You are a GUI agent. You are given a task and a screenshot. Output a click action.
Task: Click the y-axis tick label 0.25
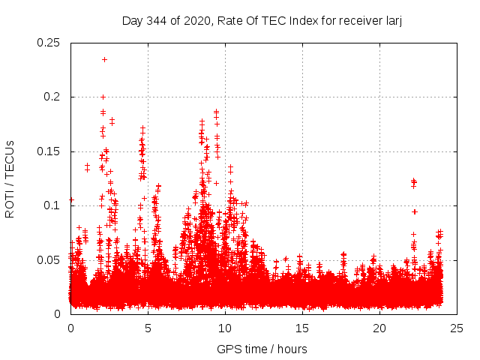(x=49, y=43)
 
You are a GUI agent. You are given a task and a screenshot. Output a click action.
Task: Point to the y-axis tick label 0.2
(x=52, y=97)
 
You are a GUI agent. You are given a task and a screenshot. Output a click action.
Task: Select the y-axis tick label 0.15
(x=49, y=151)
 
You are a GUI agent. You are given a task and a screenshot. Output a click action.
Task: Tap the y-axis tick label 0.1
(x=52, y=205)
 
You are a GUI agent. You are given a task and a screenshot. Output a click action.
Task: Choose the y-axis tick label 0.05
(x=49, y=259)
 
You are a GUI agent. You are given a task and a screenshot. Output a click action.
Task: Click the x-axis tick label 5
(x=148, y=328)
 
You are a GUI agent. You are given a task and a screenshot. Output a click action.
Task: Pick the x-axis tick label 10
(x=225, y=328)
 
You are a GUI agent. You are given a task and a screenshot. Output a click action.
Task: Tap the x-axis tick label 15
(x=302, y=328)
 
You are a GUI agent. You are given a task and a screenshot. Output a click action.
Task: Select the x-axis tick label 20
(x=379, y=328)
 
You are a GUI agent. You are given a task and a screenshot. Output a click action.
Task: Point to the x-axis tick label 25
(x=457, y=328)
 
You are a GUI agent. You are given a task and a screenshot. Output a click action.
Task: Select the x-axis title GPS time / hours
(x=262, y=349)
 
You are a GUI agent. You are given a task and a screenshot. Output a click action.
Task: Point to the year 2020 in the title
(x=197, y=20)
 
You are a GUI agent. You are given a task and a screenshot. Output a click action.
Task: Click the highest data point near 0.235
(x=104, y=59)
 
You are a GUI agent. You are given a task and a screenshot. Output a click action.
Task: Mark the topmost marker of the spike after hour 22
(x=414, y=181)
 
